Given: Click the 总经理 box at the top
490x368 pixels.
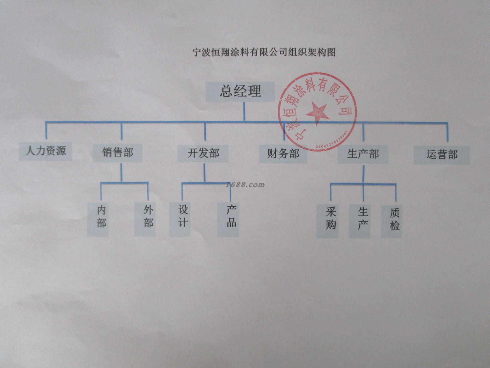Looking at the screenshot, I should point(240,92).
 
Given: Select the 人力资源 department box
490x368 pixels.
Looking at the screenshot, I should point(46,151).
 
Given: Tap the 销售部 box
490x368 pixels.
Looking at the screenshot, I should point(118,153).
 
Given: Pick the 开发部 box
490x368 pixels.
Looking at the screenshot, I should point(203,153).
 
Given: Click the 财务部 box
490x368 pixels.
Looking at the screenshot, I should point(283,154).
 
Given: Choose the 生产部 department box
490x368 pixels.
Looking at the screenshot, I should point(363,155).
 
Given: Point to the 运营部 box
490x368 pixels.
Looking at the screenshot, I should point(442,155).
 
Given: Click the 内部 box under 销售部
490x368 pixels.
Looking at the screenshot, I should point(98,219).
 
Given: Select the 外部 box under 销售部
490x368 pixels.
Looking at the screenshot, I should point(145,219).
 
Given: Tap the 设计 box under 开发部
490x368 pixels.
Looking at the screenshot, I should point(180,219).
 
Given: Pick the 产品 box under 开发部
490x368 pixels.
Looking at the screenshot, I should point(228,219).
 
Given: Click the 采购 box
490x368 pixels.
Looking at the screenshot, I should point(328,221).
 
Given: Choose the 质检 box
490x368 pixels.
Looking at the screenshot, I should point(391,221).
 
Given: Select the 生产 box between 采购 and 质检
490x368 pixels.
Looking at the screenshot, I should point(360,221).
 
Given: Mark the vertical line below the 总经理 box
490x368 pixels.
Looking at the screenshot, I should point(244,112).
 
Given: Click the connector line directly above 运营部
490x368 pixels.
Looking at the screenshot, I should point(447,132).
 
